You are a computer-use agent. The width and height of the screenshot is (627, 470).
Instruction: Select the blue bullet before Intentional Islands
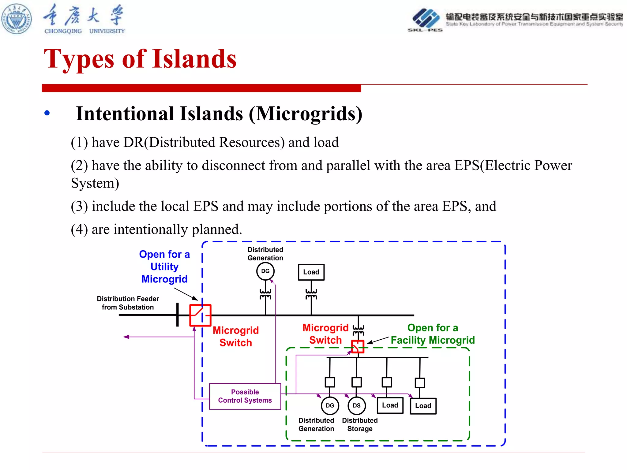[x=47, y=113]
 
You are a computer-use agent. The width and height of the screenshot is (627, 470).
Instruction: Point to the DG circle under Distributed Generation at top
[x=265, y=271]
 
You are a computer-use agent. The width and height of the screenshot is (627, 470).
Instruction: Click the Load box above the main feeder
[x=311, y=272]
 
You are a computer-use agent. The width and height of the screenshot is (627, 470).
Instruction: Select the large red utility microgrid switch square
[x=200, y=315]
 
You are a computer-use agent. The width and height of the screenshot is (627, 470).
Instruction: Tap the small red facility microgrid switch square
[x=358, y=346]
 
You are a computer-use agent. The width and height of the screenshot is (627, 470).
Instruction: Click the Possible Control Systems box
[x=245, y=396]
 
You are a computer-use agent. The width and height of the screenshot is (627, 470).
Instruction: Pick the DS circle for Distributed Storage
[x=357, y=405]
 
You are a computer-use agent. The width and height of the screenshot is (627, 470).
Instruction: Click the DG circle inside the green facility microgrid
[x=330, y=405]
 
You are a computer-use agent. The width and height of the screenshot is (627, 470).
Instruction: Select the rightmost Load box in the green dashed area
[x=423, y=406]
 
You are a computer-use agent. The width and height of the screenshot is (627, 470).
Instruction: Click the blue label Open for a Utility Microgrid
[x=164, y=267]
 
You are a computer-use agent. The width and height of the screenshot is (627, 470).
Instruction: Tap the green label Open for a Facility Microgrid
[x=433, y=334]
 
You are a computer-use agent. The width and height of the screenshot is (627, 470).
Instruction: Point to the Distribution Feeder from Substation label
[x=128, y=303]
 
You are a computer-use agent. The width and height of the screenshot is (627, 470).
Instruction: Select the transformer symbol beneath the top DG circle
[x=265, y=294]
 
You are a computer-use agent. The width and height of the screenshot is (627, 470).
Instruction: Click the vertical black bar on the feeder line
[x=178, y=315]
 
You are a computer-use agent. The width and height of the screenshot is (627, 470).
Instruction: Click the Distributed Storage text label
[x=360, y=424]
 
